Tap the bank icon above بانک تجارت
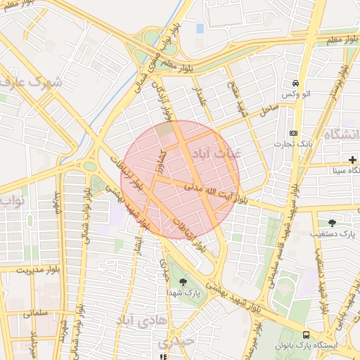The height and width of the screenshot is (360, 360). [x=294, y=133]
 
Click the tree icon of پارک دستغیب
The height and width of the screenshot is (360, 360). [x=332, y=222]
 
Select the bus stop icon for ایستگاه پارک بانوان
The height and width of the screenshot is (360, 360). [x=306, y=335]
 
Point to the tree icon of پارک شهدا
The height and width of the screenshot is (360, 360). [x=184, y=282]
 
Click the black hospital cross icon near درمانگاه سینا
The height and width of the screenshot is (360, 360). [x=352, y=160]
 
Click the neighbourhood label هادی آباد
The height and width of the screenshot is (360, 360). [x=139, y=321]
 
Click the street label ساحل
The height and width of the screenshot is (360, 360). [x=268, y=110]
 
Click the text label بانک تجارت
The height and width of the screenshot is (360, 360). [x=295, y=144]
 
